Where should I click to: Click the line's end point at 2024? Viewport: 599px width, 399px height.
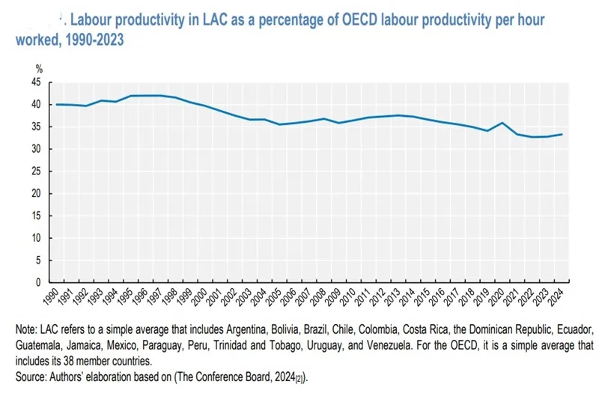(562, 135)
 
